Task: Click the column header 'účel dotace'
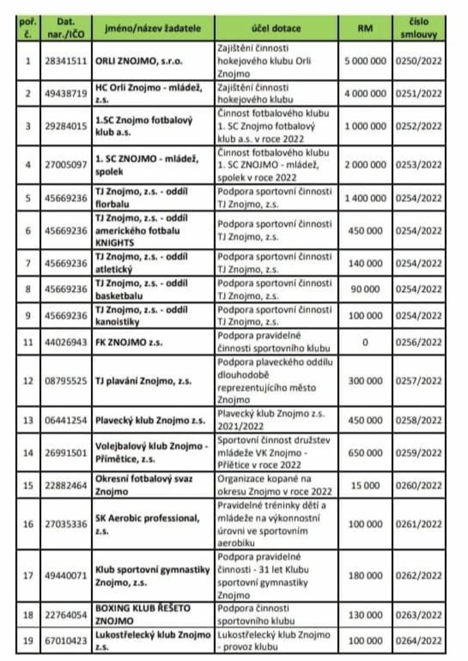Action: point(276,29)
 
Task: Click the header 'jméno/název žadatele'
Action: point(154,29)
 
